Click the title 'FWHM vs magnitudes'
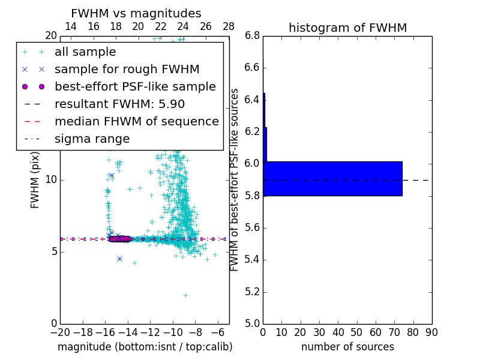coord(136,13)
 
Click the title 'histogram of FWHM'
coord(347,28)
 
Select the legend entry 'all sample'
coord(85,52)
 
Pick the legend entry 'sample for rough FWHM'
coord(127,69)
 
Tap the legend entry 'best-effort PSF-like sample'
coord(135,86)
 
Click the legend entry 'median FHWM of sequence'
coord(136,121)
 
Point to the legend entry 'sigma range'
coord(92,139)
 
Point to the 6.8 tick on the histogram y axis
coord(252,35)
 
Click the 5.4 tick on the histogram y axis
coord(252,259)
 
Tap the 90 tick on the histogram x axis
coord(431,332)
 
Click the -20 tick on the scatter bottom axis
coord(60,332)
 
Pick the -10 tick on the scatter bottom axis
coord(173,332)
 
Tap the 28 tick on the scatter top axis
coord(229,26)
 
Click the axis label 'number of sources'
coord(347,347)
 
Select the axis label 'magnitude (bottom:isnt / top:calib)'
coord(145,347)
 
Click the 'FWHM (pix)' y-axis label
coord(35,179)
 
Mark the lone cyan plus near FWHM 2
coord(185,295)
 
